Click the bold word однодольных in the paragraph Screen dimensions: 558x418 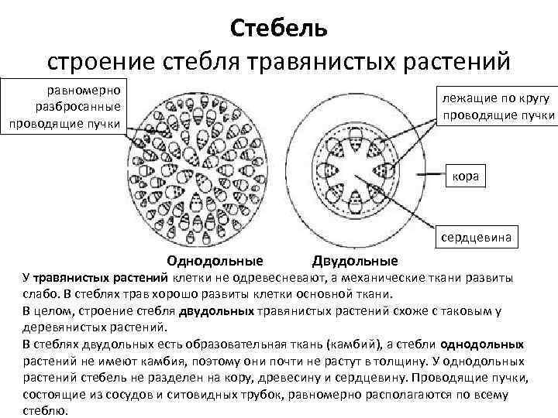click(481, 343)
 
